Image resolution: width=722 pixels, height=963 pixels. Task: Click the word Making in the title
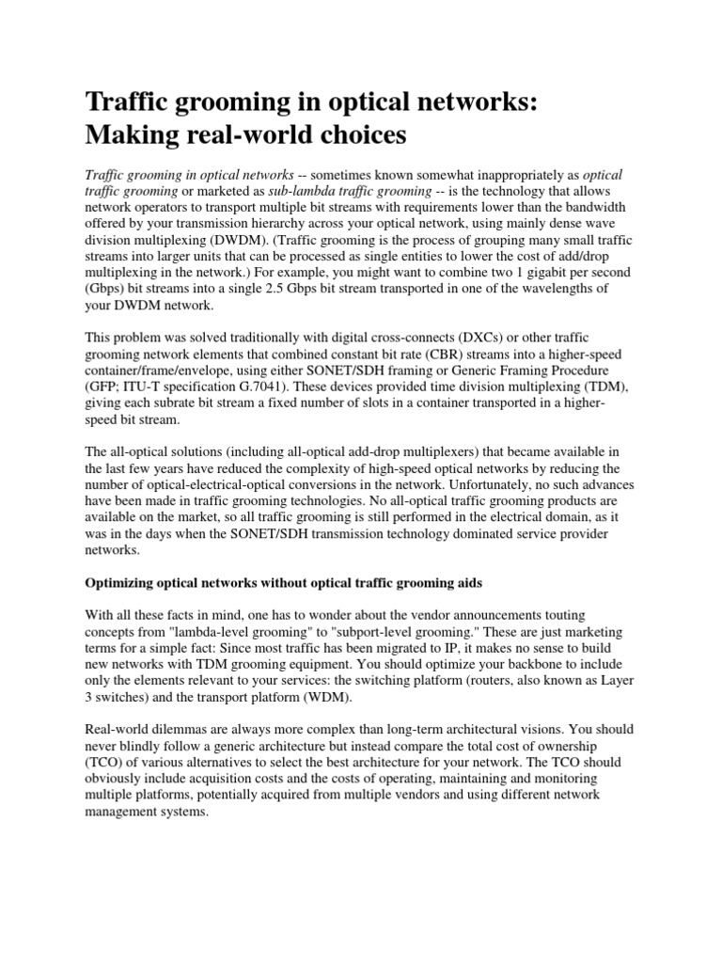click(131, 135)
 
